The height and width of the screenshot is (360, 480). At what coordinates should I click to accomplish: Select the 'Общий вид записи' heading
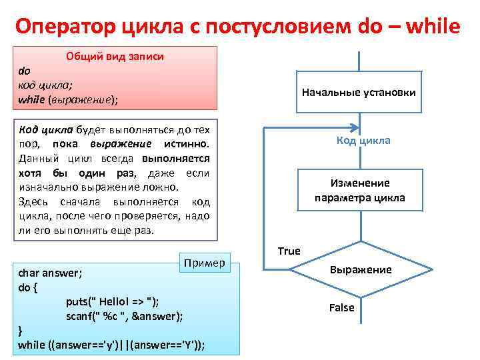115,57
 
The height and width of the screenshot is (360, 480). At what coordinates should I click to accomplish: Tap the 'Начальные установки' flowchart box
359,92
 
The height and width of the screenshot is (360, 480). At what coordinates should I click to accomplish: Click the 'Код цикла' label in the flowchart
363,141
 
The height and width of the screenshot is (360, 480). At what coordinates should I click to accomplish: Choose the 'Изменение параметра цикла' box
359,191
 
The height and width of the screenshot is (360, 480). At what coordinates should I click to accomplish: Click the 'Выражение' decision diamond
360,269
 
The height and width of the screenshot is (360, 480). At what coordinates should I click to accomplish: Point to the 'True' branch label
289,251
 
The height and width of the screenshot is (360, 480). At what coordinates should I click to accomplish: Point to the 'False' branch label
342,307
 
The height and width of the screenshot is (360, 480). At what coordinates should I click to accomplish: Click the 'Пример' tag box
205,263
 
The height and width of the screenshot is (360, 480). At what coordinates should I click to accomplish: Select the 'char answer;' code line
47,273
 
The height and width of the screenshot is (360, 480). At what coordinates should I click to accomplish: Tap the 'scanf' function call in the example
81,315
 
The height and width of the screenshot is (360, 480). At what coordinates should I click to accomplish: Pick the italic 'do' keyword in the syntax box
24,70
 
